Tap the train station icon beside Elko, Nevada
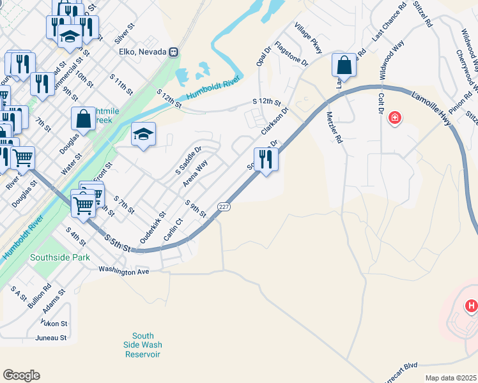click(173, 52)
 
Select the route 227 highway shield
click(223, 207)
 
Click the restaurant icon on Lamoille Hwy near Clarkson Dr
click(266, 159)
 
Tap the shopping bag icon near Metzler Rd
click(344, 64)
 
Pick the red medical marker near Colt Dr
click(395, 117)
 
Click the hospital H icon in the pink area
click(472, 306)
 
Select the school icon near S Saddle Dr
click(144, 134)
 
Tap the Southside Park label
click(60, 257)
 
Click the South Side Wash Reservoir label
click(143, 345)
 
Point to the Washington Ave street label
click(123, 271)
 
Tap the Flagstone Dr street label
click(291, 55)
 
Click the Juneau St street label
click(52, 338)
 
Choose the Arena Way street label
click(196, 173)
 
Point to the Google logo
click(21, 375)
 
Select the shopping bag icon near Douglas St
click(84, 118)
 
